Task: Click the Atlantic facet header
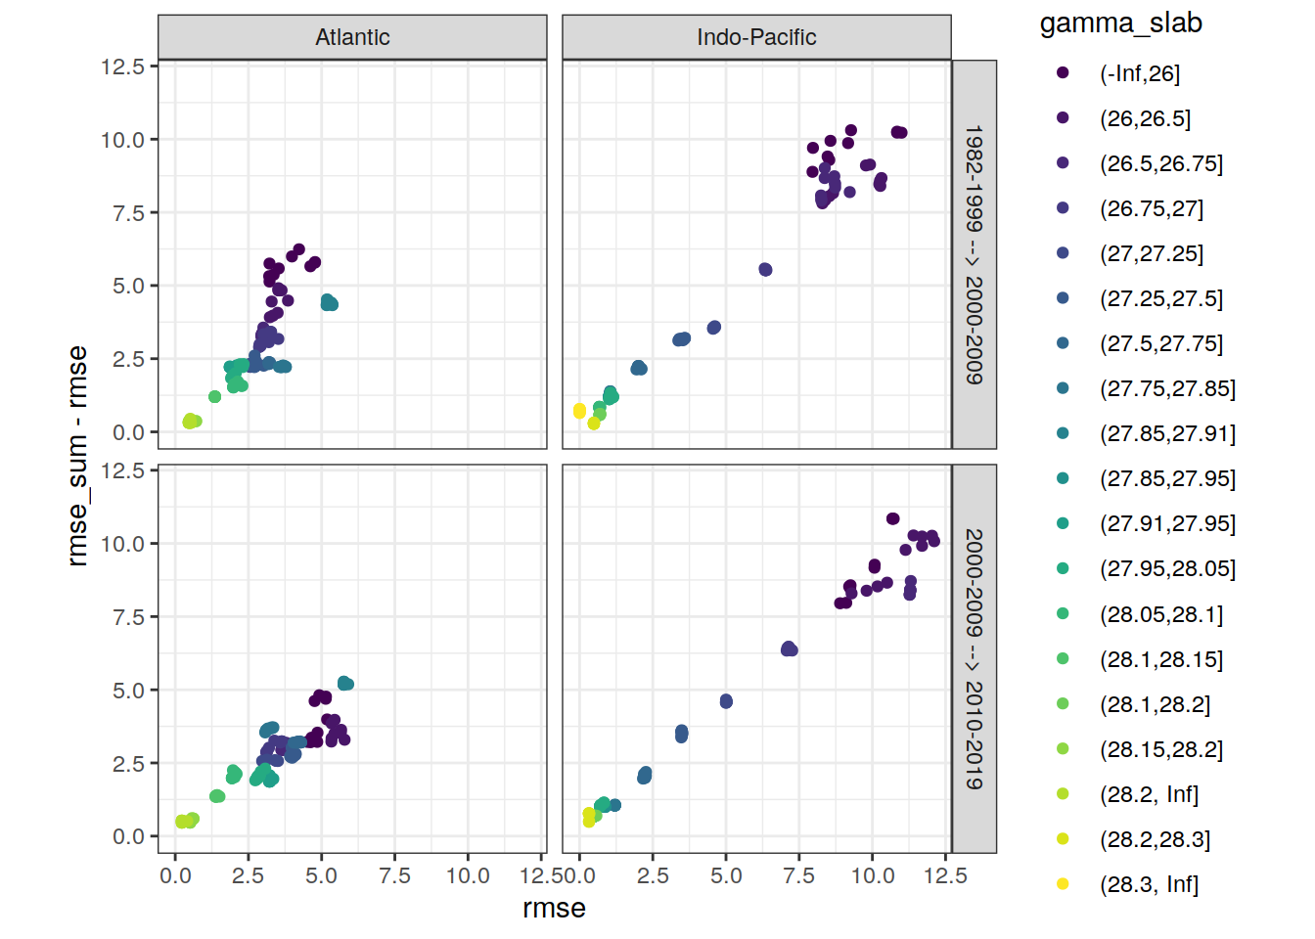coord(352,37)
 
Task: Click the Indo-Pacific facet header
coord(756,37)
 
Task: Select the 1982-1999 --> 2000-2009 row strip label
coord(974,254)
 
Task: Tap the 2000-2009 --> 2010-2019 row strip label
coord(974,658)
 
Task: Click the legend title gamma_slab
coord(1120,23)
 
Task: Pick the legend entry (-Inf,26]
coord(1140,73)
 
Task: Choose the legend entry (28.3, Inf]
coord(1149,884)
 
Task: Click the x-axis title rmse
coord(554,908)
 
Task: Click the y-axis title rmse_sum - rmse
coord(77,456)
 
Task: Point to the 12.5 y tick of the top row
coord(122,67)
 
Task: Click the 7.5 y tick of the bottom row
coord(128,617)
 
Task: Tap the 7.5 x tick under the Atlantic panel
coord(394,875)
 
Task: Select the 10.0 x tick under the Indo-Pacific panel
coord(872,875)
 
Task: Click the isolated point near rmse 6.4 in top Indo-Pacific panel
coord(765,270)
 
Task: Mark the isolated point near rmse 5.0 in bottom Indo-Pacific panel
coord(726,701)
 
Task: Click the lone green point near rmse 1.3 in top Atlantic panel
coord(214,397)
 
